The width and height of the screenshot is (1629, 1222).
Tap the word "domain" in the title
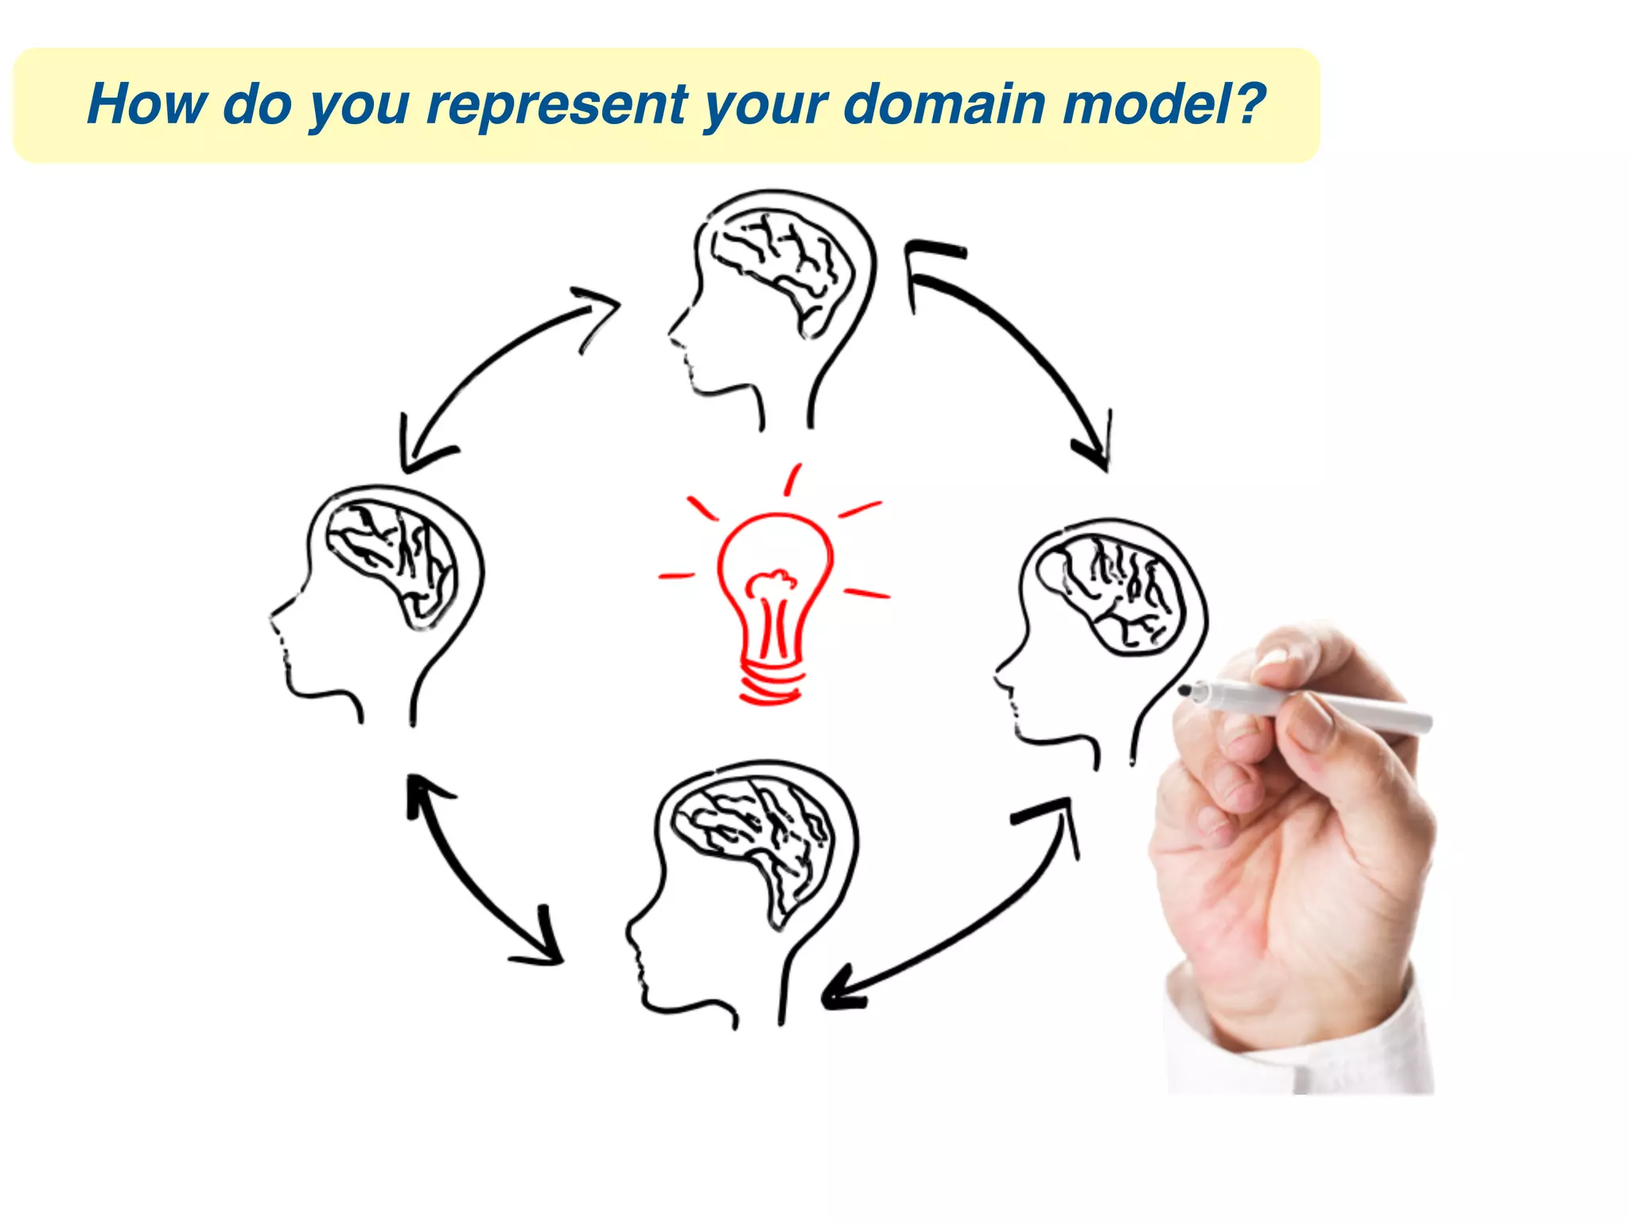tap(944, 104)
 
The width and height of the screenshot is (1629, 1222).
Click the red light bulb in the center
tap(773, 589)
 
